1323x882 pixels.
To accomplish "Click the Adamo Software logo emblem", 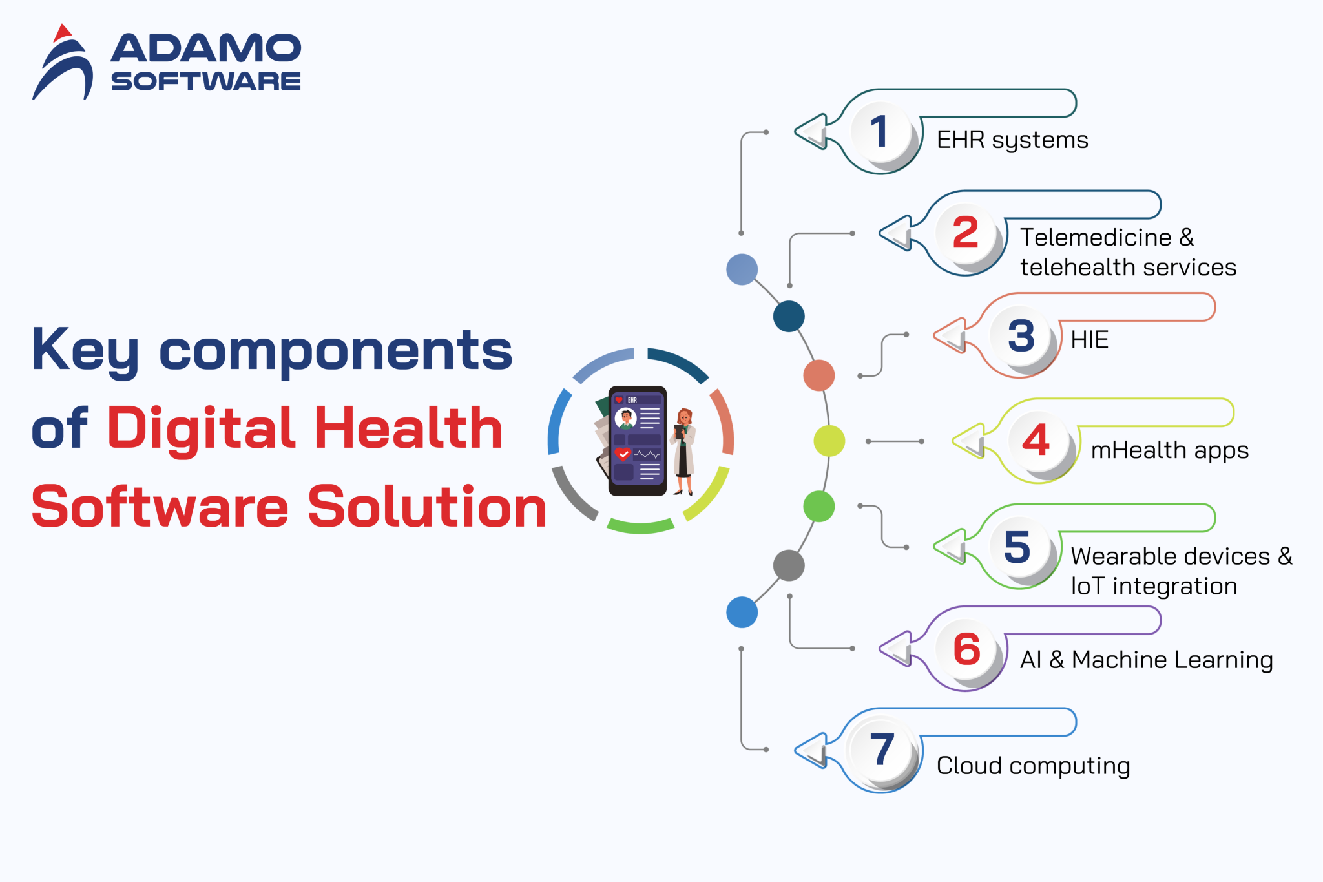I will pyautogui.click(x=63, y=63).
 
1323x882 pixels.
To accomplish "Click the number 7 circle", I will pyautogui.click(x=881, y=751).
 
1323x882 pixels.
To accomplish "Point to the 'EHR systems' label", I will pyautogui.click(x=1012, y=140).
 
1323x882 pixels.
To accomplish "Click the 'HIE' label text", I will pyautogui.click(x=1089, y=340).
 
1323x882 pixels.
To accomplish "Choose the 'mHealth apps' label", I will pyautogui.click(x=1169, y=450).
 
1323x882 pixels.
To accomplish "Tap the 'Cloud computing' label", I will pyautogui.click(x=1033, y=766).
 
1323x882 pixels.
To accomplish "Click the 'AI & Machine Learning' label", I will pyautogui.click(x=1146, y=660).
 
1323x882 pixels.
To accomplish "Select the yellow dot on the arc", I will pyautogui.click(x=829, y=441).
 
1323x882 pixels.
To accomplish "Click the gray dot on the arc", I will pyautogui.click(x=789, y=566).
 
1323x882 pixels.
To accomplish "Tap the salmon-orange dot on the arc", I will pyautogui.click(x=819, y=375).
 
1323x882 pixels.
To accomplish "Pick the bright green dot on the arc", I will pyautogui.click(x=819, y=506).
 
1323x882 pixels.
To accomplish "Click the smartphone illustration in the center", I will pyautogui.click(x=637, y=441).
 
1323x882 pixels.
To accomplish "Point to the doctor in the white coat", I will pyautogui.click(x=683, y=451).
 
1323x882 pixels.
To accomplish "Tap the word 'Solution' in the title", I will pyautogui.click(x=427, y=507).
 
